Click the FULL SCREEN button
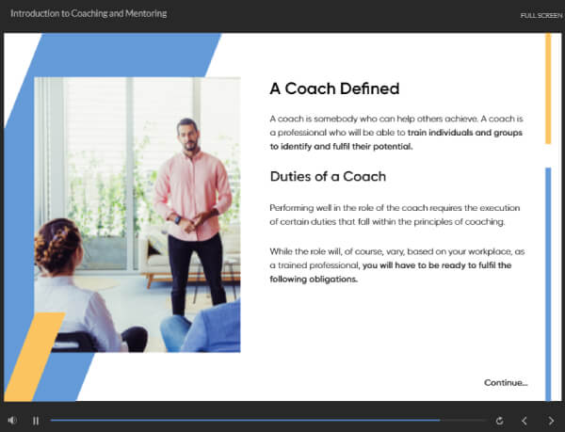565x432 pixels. click(x=541, y=15)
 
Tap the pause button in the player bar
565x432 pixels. click(x=36, y=421)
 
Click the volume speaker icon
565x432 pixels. click(x=12, y=420)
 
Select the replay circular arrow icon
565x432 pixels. click(x=499, y=421)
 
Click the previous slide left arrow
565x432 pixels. click(x=525, y=421)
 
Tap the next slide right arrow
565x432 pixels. click(x=551, y=421)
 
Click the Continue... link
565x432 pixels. click(x=506, y=382)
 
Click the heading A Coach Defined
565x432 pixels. click(x=334, y=88)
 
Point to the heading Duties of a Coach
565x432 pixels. click(x=328, y=176)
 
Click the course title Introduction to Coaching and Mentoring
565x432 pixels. click(x=89, y=14)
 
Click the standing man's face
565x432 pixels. click(x=188, y=136)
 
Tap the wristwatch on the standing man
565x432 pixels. click(x=178, y=219)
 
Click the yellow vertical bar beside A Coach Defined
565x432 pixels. click(x=548, y=88)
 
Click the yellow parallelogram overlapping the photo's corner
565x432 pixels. click(x=35, y=357)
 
